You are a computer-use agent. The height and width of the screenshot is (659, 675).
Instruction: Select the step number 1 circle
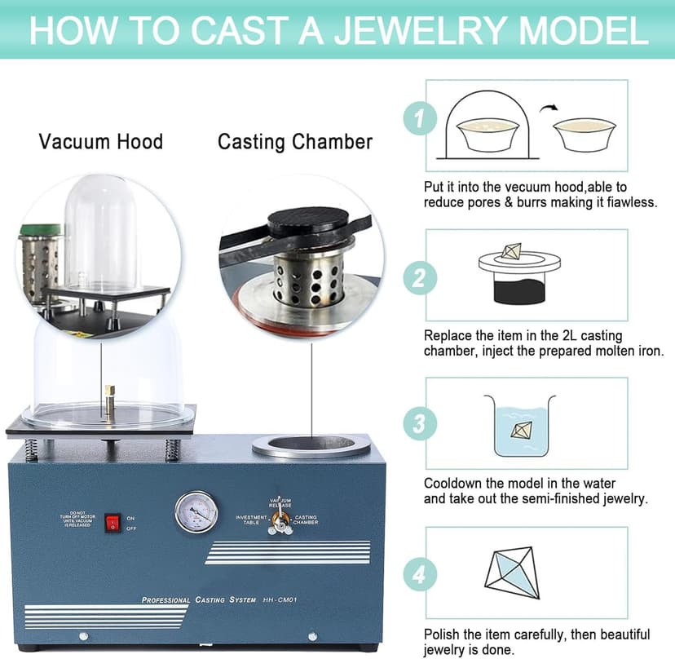coord(419,120)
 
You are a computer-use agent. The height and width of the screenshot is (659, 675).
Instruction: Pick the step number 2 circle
coord(419,279)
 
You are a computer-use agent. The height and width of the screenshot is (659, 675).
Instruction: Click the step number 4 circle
coord(419,574)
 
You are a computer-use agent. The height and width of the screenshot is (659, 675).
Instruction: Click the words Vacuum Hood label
coord(101,142)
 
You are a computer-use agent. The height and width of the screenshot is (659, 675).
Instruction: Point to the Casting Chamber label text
coord(294,142)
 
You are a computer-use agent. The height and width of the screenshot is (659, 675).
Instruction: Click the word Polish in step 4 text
coord(443,635)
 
